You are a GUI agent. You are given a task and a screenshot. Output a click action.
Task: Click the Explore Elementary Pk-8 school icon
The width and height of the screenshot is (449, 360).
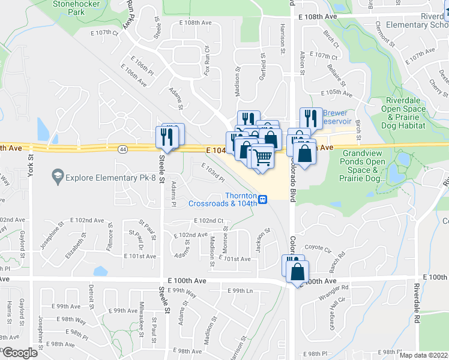pyautogui.click(x=58, y=176)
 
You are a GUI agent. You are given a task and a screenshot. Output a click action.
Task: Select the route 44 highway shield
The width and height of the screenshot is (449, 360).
pyautogui.click(x=122, y=149)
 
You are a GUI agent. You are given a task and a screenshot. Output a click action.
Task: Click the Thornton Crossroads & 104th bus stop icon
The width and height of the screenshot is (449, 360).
pyautogui.click(x=263, y=199)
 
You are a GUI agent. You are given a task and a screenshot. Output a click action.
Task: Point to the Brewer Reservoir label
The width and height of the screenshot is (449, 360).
pyautogui.click(x=335, y=117)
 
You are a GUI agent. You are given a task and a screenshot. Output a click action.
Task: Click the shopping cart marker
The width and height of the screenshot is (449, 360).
pyautogui.click(x=262, y=158)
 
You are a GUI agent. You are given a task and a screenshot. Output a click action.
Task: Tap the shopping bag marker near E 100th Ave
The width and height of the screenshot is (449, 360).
pyautogui.click(x=297, y=271)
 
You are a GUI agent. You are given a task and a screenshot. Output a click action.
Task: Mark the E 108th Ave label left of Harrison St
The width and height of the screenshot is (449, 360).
pyautogui.click(x=196, y=22)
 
